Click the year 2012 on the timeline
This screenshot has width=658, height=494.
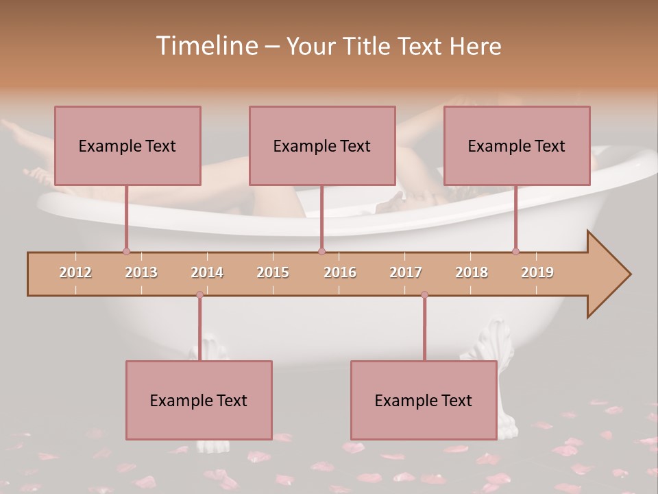pos(75,272)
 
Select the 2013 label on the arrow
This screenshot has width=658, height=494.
pos(141,272)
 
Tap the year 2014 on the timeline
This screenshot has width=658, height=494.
pos(207,272)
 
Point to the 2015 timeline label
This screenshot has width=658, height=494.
pos(273,272)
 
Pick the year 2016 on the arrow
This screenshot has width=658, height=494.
pos(340,272)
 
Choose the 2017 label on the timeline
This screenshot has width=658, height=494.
pos(406,272)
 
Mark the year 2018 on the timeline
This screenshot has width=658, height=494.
pos(472,272)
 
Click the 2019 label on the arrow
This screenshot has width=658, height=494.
pos(537,272)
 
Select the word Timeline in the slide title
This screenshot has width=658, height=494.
pos(206,46)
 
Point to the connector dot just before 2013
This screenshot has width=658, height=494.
pos(126,252)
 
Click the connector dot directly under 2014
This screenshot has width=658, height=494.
pos(199,294)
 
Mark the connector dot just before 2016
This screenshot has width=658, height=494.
pos(321,252)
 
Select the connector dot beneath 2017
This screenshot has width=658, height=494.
pos(424,294)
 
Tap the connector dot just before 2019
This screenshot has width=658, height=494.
pos(515,252)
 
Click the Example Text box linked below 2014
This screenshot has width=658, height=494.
pos(199,401)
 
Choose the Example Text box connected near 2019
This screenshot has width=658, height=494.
pos(517,145)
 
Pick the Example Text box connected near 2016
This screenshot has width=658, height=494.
pos(322,145)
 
